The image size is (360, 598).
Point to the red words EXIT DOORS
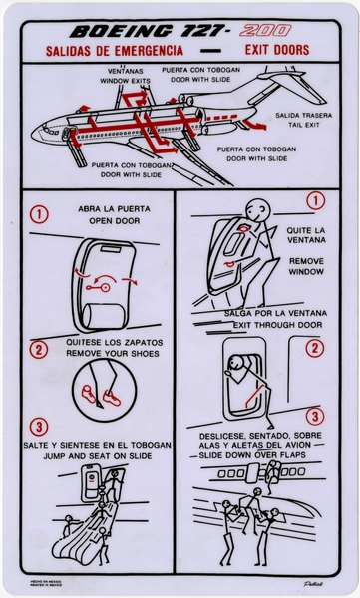point(275,50)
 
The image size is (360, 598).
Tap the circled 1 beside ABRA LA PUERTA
point(38,214)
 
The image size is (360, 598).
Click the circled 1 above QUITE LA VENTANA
point(315,201)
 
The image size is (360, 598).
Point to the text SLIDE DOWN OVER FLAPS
point(260,454)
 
